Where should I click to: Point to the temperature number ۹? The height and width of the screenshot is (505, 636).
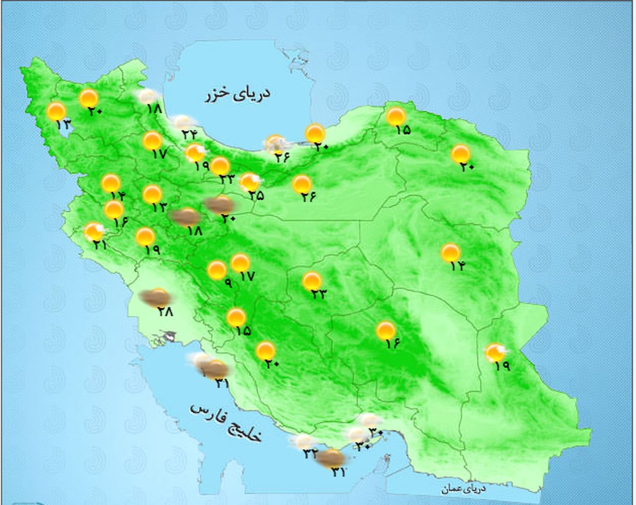point(227,283)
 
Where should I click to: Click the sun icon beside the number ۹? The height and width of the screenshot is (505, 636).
point(216,270)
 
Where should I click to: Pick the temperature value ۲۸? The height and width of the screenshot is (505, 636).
point(165,312)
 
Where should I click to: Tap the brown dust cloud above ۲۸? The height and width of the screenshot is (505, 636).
point(154,298)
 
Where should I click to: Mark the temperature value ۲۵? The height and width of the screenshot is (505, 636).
point(255,195)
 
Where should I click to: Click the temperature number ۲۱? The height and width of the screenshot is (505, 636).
point(100,245)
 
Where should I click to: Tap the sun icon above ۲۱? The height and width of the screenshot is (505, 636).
point(94,232)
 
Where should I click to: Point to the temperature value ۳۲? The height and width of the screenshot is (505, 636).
point(310,454)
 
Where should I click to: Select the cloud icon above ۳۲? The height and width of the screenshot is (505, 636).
point(304,441)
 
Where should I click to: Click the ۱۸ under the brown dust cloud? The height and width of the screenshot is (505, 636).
point(195,231)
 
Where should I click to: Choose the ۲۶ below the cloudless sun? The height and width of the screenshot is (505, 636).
point(308,197)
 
